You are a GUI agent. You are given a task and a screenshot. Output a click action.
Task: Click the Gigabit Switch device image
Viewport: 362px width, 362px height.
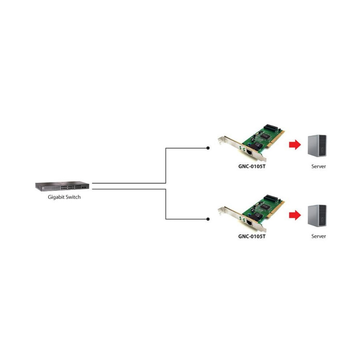pyautogui.click(x=62, y=186)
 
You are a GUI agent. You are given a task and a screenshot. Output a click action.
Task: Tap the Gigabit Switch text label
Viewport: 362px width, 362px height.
pyautogui.click(x=64, y=197)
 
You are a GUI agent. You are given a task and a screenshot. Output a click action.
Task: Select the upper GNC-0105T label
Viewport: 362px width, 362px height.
pyautogui.click(x=252, y=166)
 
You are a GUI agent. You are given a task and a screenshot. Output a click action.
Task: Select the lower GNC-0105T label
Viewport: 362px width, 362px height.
pyautogui.click(x=252, y=236)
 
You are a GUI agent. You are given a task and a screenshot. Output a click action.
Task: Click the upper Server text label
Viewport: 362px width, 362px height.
pyautogui.click(x=319, y=166)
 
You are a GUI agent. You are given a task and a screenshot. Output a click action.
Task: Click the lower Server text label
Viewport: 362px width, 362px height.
pyautogui.click(x=319, y=236)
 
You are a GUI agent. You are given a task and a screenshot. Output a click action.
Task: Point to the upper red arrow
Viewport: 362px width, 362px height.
pyautogui.click(x=295, y=145)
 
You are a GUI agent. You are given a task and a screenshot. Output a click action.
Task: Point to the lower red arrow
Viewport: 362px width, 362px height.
pyautogui.click(x=295, y=215)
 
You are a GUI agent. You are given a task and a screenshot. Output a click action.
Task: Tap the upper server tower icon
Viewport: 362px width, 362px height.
pyautogui.click(x=317, y=146)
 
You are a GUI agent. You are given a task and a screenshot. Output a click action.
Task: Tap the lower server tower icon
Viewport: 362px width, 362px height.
pyautogui.click(x=317, y=216)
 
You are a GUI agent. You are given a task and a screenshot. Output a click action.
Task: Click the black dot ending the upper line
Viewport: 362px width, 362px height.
pyautogui.click(x=208, y=148)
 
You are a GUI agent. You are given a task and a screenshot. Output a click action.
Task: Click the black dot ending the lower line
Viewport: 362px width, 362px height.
pyautogui.click(x=208, y=219)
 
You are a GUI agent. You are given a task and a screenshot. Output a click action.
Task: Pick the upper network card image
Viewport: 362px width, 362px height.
pyautogui.click(x=251, y=143)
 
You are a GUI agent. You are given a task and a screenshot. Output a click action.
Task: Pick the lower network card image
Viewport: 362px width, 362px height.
pyautogui.click(x=251, y=213)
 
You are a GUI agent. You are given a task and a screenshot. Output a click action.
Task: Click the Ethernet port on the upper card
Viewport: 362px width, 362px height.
pyautogui.click(x=249, y=152)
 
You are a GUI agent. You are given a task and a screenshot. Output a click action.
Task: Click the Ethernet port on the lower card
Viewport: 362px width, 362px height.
pyautogui.click(x=249, y=222)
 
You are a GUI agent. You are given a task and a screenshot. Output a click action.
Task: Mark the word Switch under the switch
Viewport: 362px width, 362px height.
pyautogui.click(x=73, y=197)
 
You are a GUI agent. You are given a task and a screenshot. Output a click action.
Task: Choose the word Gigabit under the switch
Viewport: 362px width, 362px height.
pyautogui.click(x=56, y=197)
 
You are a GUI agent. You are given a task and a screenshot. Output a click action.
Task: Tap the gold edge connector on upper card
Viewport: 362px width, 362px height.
pyautogui.click(x=276, y=139)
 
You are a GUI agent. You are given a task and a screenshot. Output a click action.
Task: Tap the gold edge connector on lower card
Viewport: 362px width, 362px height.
pyautogui.click(x=276, y=210)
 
